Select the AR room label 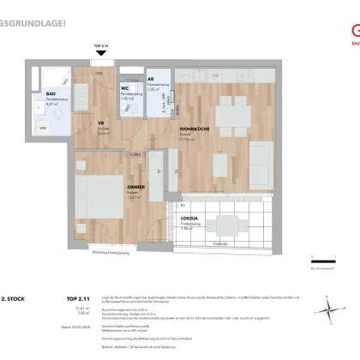[x=151, y=80]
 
